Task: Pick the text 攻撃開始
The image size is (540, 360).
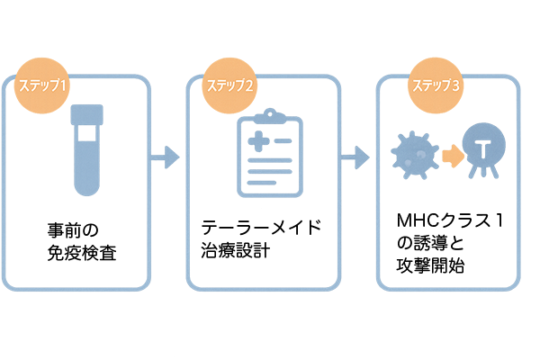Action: (430, 266)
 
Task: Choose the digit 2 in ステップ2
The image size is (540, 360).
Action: (248, 85)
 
